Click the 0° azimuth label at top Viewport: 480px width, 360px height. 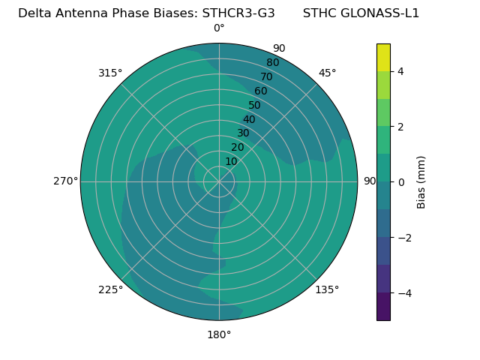219,28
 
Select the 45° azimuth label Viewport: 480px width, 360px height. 327,73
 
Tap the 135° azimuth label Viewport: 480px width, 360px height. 327,289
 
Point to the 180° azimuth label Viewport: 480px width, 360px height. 219,334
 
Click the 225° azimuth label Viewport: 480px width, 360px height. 110,289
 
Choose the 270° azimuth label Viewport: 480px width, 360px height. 65,181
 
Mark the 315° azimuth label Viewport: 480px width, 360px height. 110,73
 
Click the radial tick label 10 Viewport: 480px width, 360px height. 231,161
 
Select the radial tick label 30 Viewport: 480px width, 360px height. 243,133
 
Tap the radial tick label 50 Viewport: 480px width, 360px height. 254,106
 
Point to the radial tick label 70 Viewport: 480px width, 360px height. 266,77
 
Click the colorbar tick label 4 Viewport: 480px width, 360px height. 400,71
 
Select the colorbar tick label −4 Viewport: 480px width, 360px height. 403,293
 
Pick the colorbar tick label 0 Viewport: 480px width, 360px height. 400,182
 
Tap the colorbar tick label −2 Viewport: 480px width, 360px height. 403,238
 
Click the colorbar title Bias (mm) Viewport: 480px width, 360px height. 421,182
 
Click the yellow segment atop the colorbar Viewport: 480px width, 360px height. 383,57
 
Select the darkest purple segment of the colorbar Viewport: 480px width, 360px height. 383,307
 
